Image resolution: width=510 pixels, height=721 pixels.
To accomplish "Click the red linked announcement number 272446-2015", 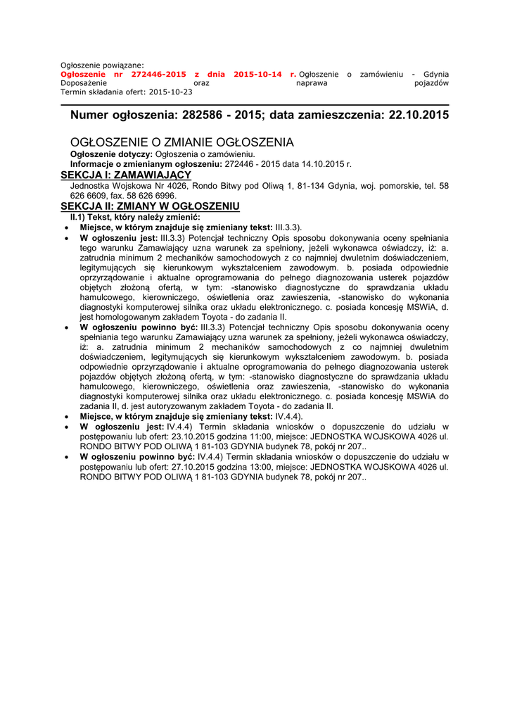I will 159,74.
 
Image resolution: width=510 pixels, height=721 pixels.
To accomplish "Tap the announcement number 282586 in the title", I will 206,115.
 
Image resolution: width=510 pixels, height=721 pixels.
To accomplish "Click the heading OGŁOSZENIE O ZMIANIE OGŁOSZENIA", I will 182,142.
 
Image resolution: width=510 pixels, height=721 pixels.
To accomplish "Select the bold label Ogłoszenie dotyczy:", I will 111,153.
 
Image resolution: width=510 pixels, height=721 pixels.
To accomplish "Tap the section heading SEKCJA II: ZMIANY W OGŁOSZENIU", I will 150,206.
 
